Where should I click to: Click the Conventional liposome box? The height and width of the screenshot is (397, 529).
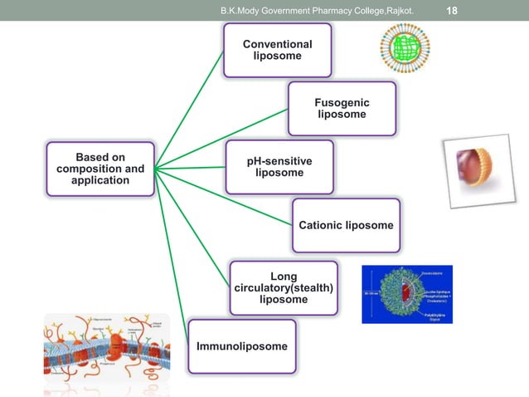278,50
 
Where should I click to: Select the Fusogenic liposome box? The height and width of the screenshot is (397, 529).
342,108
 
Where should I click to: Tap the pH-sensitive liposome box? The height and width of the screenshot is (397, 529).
279,167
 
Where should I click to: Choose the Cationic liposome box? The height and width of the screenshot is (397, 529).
346,225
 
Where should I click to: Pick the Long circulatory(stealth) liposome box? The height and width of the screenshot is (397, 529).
284,287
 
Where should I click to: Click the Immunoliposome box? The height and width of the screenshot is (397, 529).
242,345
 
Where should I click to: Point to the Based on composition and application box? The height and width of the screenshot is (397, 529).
100,169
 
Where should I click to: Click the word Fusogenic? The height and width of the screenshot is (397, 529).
342,102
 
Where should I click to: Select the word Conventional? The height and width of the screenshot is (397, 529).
278,44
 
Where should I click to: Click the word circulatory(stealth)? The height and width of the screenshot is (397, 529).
284,287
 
